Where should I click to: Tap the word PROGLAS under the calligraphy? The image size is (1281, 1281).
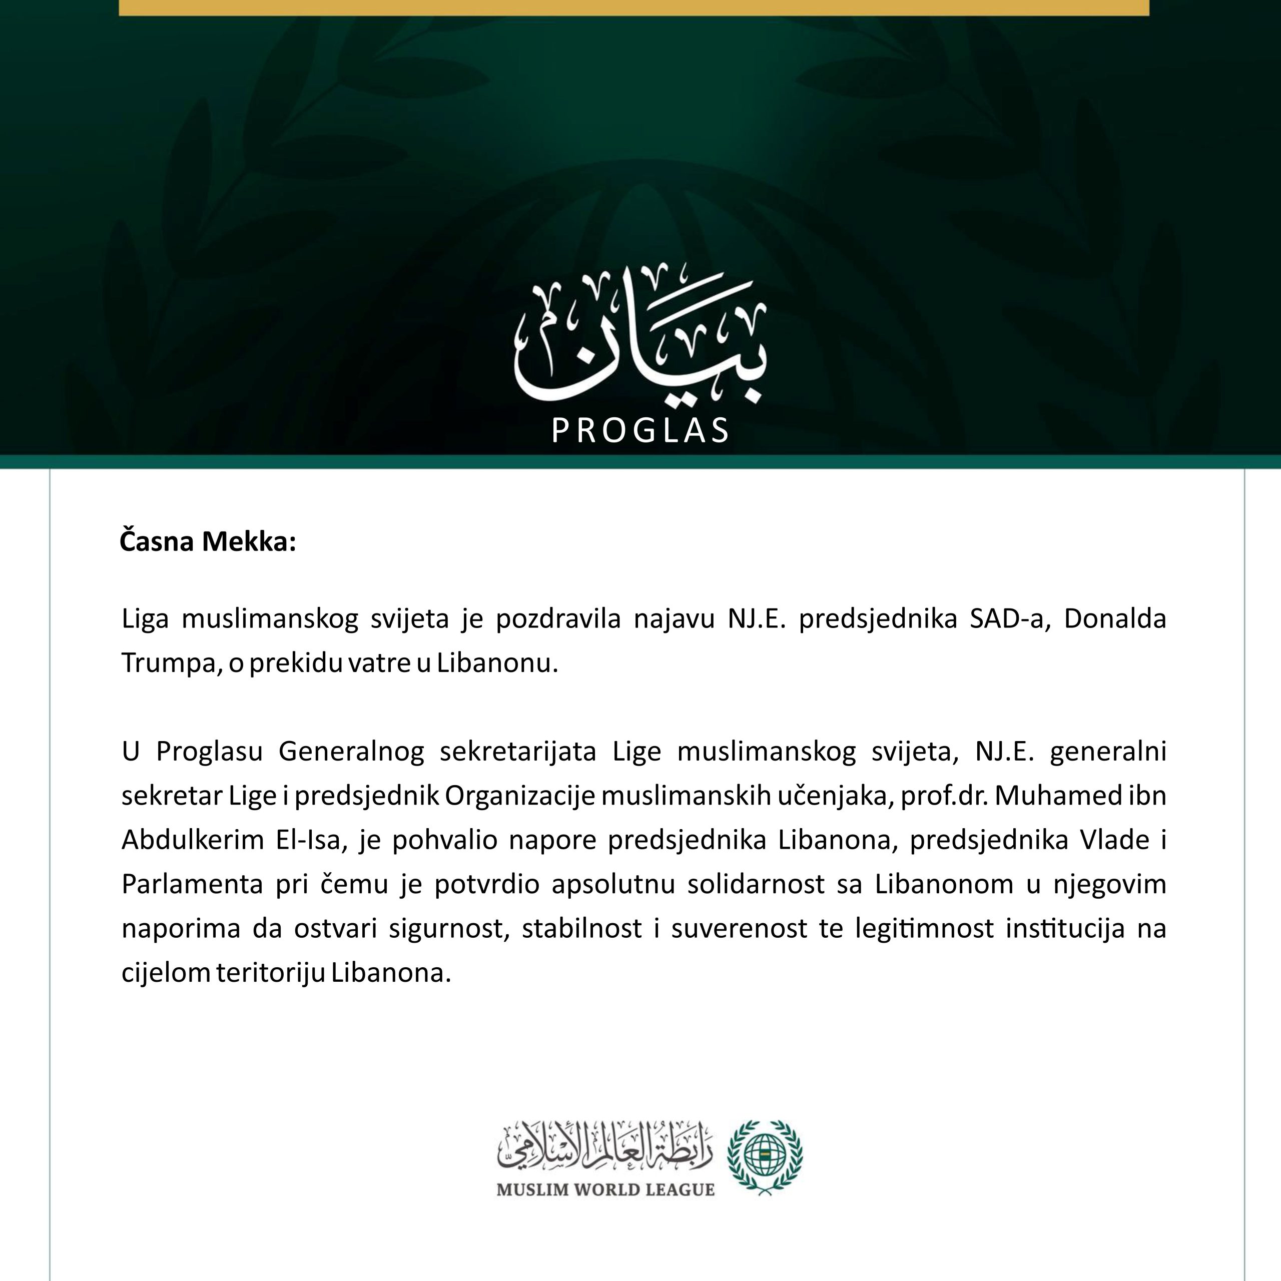pos(640,431)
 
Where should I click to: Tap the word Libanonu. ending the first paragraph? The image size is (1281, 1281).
pos(497,663)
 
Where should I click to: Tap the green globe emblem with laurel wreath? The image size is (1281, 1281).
pos(765,1156)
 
